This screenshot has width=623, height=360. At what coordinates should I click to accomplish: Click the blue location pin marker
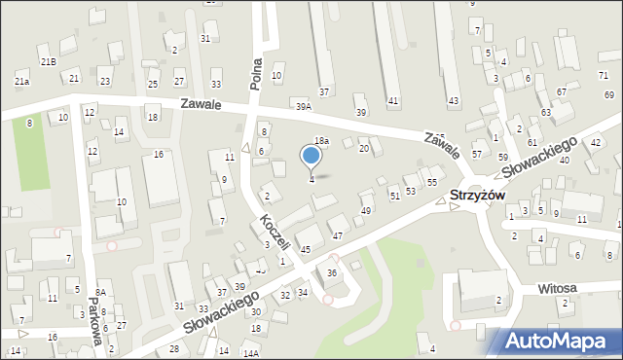[x=311, y=157]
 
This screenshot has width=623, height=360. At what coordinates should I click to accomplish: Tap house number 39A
[x=304, y=106]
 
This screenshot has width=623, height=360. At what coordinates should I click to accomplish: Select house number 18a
[x=321, y=141]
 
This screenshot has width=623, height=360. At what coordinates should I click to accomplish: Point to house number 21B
[x=49, y=61]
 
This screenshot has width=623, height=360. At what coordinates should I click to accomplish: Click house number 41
[x=393, y=101]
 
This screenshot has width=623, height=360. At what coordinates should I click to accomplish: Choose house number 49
[x=366, y=210]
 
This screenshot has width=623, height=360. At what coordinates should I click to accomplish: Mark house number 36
[x=331, y=273]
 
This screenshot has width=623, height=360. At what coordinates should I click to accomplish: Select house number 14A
[x=250, y=354]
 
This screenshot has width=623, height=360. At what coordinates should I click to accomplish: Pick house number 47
[x=337, y=235]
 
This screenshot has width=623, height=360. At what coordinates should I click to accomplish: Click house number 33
[x=216, y=85]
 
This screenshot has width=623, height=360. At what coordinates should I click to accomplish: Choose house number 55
[x=431, y=183]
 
